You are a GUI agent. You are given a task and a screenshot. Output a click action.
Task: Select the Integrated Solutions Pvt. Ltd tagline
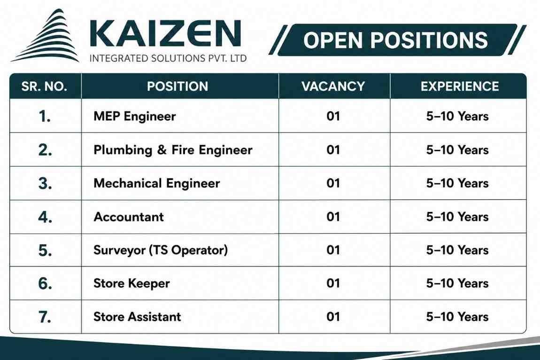168,58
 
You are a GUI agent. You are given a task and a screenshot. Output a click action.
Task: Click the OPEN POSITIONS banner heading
395,40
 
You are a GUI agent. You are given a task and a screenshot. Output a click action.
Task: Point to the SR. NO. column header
44,86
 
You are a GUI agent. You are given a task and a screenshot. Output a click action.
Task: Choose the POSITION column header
177,86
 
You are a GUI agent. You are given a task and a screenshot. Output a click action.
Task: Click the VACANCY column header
333,86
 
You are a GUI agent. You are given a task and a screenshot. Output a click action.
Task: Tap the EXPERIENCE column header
460,86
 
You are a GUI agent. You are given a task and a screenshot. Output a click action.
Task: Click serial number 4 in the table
45,217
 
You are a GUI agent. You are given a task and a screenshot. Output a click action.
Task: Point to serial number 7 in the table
45,317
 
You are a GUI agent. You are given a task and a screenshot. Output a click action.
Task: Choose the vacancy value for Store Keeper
333,283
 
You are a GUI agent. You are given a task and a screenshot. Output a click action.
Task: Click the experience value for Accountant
457,217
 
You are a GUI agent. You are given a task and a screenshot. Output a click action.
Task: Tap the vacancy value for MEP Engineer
333,116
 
